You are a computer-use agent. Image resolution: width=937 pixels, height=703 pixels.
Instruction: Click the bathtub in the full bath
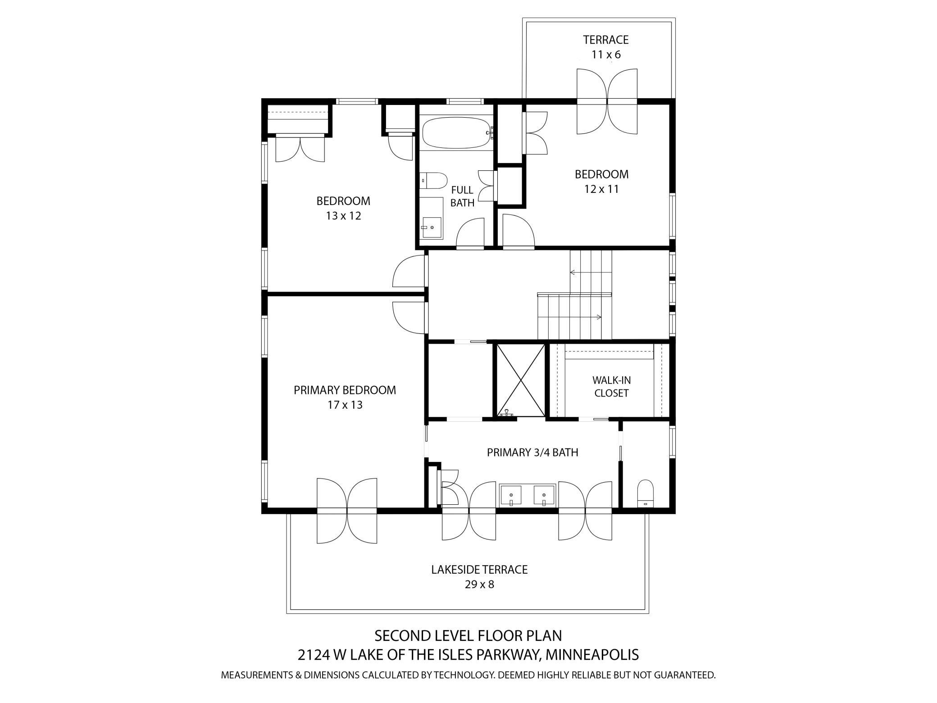coord(457,133)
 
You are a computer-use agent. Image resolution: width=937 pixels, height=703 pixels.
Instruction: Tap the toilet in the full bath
coord(433,181)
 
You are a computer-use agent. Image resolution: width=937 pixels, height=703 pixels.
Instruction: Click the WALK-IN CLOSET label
coord(611,387)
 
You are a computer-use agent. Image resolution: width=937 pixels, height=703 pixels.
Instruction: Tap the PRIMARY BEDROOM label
coord(345,390)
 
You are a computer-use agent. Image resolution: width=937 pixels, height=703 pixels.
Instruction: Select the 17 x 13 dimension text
coord(345,405)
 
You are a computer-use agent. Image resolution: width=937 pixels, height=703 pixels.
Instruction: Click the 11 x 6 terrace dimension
coord(606,55)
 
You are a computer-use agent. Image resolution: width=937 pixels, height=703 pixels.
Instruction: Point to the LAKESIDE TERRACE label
coord(479,570)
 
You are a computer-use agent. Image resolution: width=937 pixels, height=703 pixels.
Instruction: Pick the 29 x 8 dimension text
coord(479,584)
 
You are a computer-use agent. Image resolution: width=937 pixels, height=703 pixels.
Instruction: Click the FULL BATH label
coord(462,196)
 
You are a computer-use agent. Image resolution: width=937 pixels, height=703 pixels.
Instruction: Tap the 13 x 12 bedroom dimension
coord(344,216)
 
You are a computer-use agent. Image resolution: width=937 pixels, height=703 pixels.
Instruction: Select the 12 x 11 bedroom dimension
coord(601,189)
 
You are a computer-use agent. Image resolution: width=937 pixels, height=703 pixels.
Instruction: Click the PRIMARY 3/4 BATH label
coord(532,452)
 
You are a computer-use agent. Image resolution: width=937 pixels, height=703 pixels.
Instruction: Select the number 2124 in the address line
coord(314,654)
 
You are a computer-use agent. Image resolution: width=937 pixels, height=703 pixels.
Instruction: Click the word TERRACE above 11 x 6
coord(606,40)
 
